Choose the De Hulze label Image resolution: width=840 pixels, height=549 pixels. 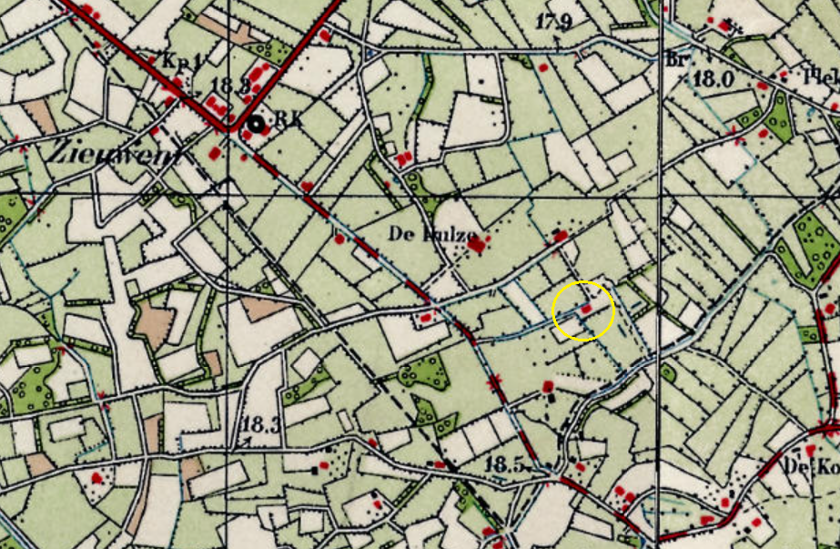pos(433,234)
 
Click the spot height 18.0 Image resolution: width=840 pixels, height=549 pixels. pos(713,78)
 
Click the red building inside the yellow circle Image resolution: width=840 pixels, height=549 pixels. pos(587,310)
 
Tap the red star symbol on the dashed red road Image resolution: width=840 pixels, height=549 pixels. pos(496,382)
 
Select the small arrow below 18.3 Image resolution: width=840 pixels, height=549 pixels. pos(243,442)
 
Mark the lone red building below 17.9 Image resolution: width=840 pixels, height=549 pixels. pos(543,67)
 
